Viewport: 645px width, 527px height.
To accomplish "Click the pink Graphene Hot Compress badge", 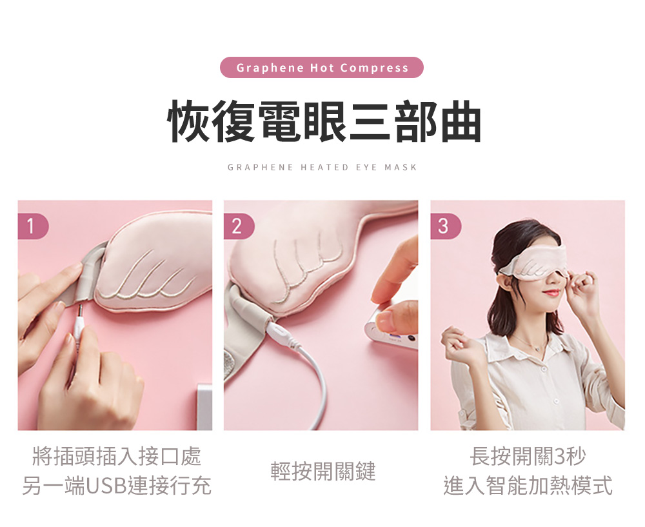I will pos(322,68).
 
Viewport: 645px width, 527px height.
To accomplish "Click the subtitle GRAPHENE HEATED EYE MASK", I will pos(322,168).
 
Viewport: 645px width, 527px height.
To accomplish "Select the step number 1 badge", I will pos(32,226).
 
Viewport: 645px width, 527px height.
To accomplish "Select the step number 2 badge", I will pos(237,226).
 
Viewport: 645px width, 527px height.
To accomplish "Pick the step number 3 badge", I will pos(444,226).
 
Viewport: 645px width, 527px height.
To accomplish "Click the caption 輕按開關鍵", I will pos(322,472).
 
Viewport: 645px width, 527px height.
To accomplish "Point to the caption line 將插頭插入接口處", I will pos(117,457).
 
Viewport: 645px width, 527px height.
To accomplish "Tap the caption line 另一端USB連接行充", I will pos(117,486).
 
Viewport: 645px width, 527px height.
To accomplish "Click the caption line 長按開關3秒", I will pos(528,457).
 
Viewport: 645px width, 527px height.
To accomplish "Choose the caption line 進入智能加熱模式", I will pos(528,486).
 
